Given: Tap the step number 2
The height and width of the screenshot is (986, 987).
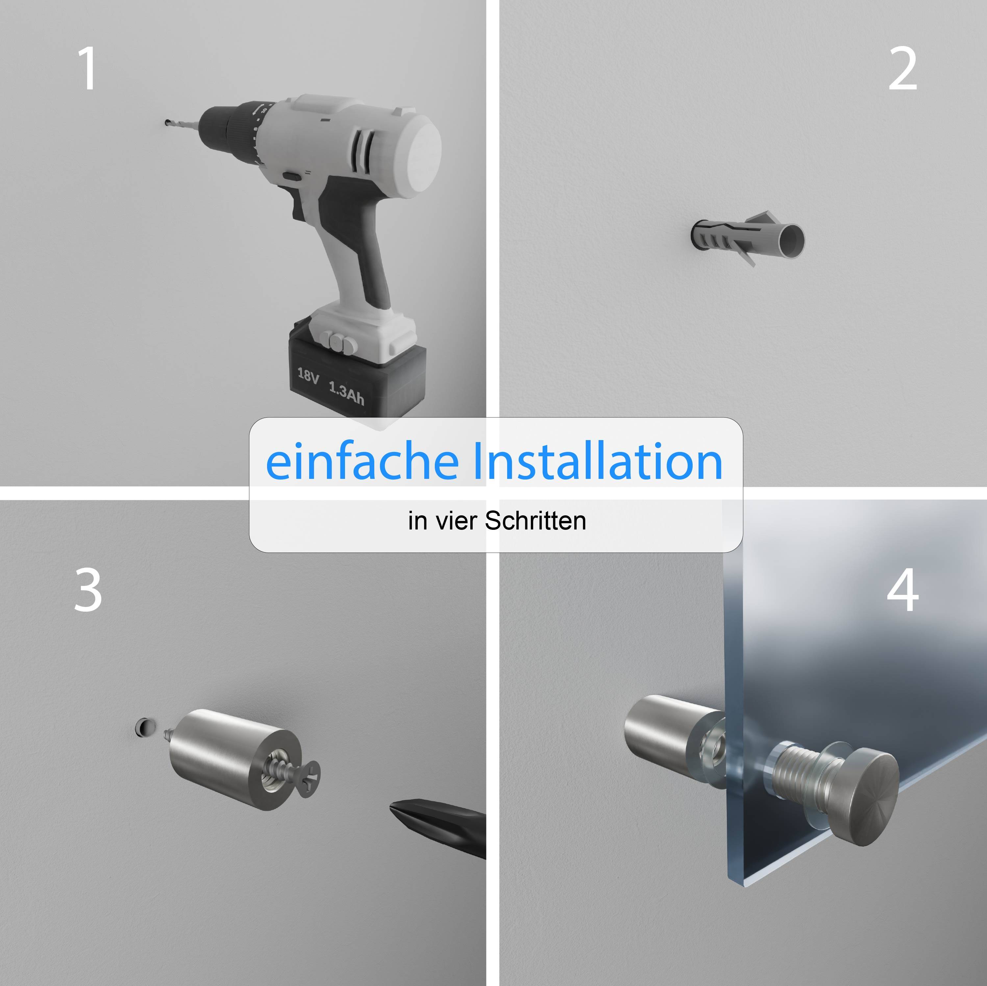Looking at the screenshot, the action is (903, 68).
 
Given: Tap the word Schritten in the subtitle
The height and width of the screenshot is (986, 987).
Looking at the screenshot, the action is (535, 521).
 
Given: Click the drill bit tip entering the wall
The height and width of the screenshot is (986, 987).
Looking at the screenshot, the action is (167, 123).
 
